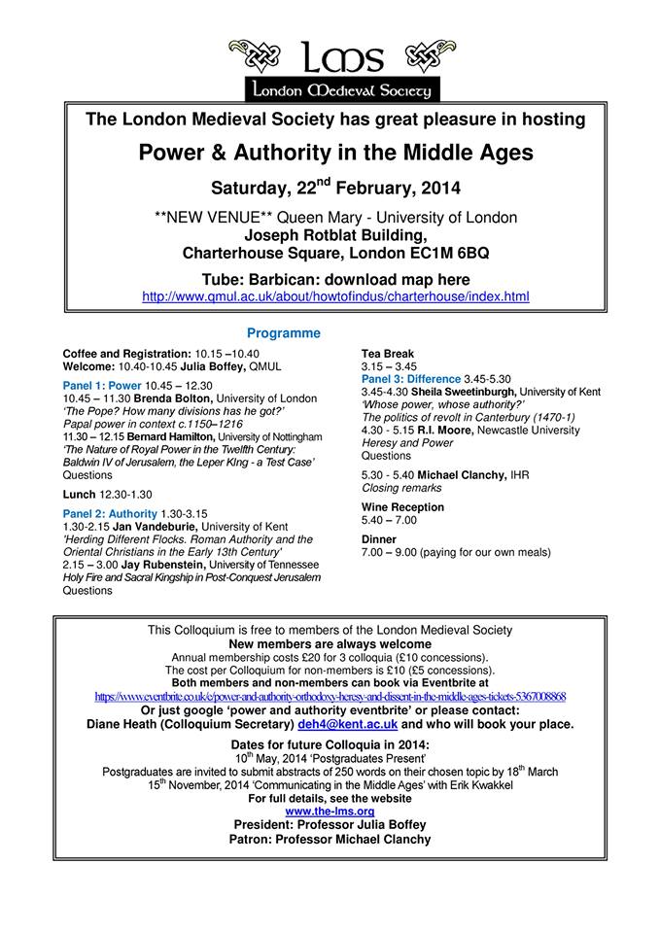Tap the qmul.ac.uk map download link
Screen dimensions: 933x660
click(x=335, y=296)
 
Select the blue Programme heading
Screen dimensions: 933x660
click(x=284, y=332)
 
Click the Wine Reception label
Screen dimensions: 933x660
click(x=402, y=507)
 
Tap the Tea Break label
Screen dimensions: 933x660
click(x=387, y=354)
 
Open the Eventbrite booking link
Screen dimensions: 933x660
click(x=330, y=697)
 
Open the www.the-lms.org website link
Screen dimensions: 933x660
click(x=330, y=811)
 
